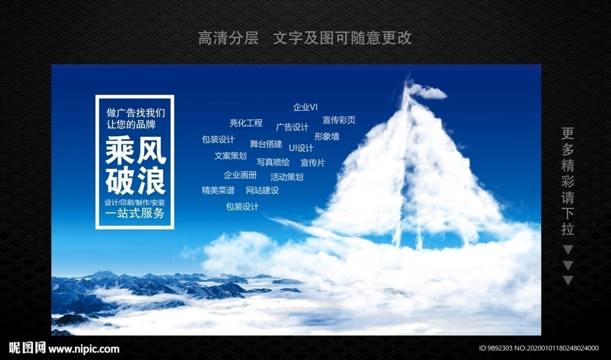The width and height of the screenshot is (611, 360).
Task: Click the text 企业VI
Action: pyautogui.click(x=305, y=107)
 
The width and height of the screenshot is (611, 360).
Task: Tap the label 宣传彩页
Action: pyautogui.click(x=339, y=120)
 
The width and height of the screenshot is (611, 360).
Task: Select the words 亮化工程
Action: pyautogui.click(x=246, y=123)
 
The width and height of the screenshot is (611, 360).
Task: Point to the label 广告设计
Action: pyautogui.click(x=292, y=127)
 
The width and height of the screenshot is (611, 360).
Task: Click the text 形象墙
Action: pyautogui.click(x=326, y=136)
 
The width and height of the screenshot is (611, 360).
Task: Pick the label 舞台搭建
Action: pyautogui.click(x=266, y=144)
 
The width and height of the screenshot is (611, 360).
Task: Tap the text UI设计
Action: pyautogui.click(x=301, y=148)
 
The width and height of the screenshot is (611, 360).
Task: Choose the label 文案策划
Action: pyautogui.click(x=230, y=156)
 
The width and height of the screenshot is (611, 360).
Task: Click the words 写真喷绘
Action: pyautogui.click(x=273, y=162)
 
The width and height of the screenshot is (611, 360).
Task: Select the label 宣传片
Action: pyautogui.click(x=312, y=162)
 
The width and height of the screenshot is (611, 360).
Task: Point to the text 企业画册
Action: pyautogui.click(x=240, y=176)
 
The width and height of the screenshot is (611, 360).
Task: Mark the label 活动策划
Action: pyautogui.click(x=286, y=177)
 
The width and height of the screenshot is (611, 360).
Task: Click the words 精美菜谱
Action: pyautogui.click(x=218, y=190)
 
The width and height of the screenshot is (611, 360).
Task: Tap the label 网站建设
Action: pyautogui.click(x=262, y=190)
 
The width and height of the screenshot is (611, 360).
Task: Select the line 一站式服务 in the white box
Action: pyautogui.click(x=134, y=214)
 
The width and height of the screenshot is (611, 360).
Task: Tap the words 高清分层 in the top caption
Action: pyautogui.click(x=228, y=38)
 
